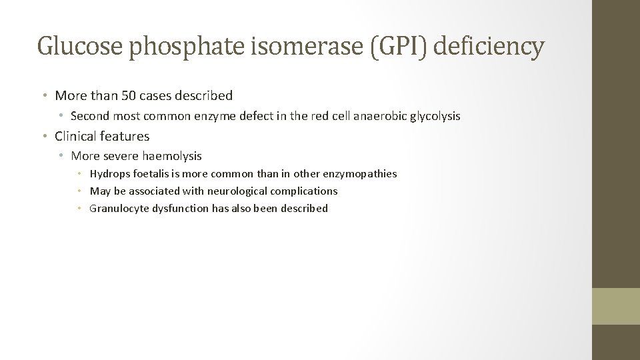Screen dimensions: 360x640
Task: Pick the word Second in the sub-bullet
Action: click(x=90, y=116)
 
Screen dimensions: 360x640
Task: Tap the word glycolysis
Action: click(x=435, y=116)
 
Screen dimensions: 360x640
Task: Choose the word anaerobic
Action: click(x=379, y=116)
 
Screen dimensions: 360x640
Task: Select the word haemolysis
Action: click(x=172, y=156)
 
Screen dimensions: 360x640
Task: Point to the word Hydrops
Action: click(x=109, y=174)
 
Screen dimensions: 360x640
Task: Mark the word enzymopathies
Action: click(x=359, y=174)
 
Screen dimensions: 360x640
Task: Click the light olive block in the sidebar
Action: click(x=616, y=306)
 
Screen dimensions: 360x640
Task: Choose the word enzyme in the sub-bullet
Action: click(x=213, y=116)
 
